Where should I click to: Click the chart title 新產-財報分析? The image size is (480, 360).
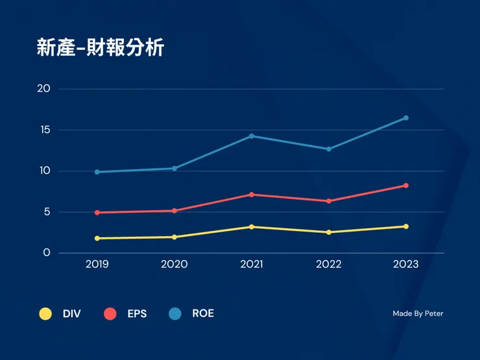click(101, 48)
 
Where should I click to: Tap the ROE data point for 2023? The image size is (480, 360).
click(406, 118)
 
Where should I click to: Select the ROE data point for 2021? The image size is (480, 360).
click(251, 136)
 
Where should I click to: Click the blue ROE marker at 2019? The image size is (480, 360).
click(97, 172)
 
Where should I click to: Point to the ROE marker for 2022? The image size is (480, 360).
click(329, 149)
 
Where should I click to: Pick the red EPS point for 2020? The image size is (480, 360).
click(174, 211)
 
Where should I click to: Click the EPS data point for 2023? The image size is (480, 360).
click(406, 186)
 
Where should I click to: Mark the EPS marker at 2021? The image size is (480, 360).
click(251, 195)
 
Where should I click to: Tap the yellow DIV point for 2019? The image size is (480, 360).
click(97, 238)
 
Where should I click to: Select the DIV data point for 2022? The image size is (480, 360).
click(329, 232)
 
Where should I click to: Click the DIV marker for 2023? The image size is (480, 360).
click(406, 226)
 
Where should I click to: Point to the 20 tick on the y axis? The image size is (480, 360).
click(44, 89)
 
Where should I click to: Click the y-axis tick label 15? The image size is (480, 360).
click(45, 130)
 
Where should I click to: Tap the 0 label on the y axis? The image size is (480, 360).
click(47, 253)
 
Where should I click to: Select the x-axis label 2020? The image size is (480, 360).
click(174, 265)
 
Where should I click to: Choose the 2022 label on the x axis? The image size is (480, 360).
click(329, 265)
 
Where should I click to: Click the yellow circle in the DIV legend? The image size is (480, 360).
click(45, 314)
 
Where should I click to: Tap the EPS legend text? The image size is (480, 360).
click(137, 314)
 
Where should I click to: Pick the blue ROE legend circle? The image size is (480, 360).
click(175, 314)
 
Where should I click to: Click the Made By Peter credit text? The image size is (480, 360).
click(418, 314)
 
